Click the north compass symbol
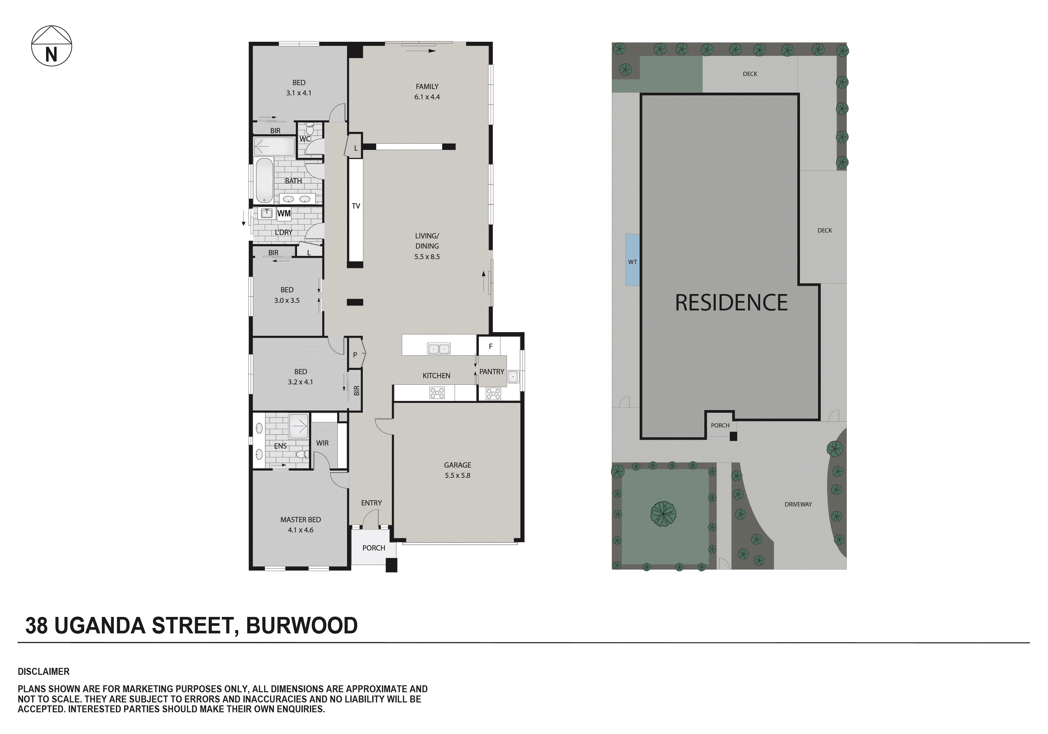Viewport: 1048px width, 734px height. pos(51,46)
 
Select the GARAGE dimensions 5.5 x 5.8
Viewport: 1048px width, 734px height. pos(457,475)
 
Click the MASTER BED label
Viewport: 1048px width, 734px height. pos(300,520)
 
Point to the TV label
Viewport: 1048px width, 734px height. pos(356,206)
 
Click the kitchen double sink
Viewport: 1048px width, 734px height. pos(438,349)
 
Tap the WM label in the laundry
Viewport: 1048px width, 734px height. pos(284,213)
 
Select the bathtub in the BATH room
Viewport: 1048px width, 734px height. pos(264,180)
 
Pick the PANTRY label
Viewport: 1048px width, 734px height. pos(491,372)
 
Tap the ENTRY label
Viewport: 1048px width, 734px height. pos(371,502)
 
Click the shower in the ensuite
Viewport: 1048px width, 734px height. pos(299,426)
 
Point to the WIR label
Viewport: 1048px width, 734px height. pos(322,443)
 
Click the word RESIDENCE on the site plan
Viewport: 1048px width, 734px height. pos(731,303)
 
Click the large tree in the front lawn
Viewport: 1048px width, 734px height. pos(663,514)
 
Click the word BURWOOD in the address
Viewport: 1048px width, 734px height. pos(302,625)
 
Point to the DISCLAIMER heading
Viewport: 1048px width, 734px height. pos(43,672)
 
